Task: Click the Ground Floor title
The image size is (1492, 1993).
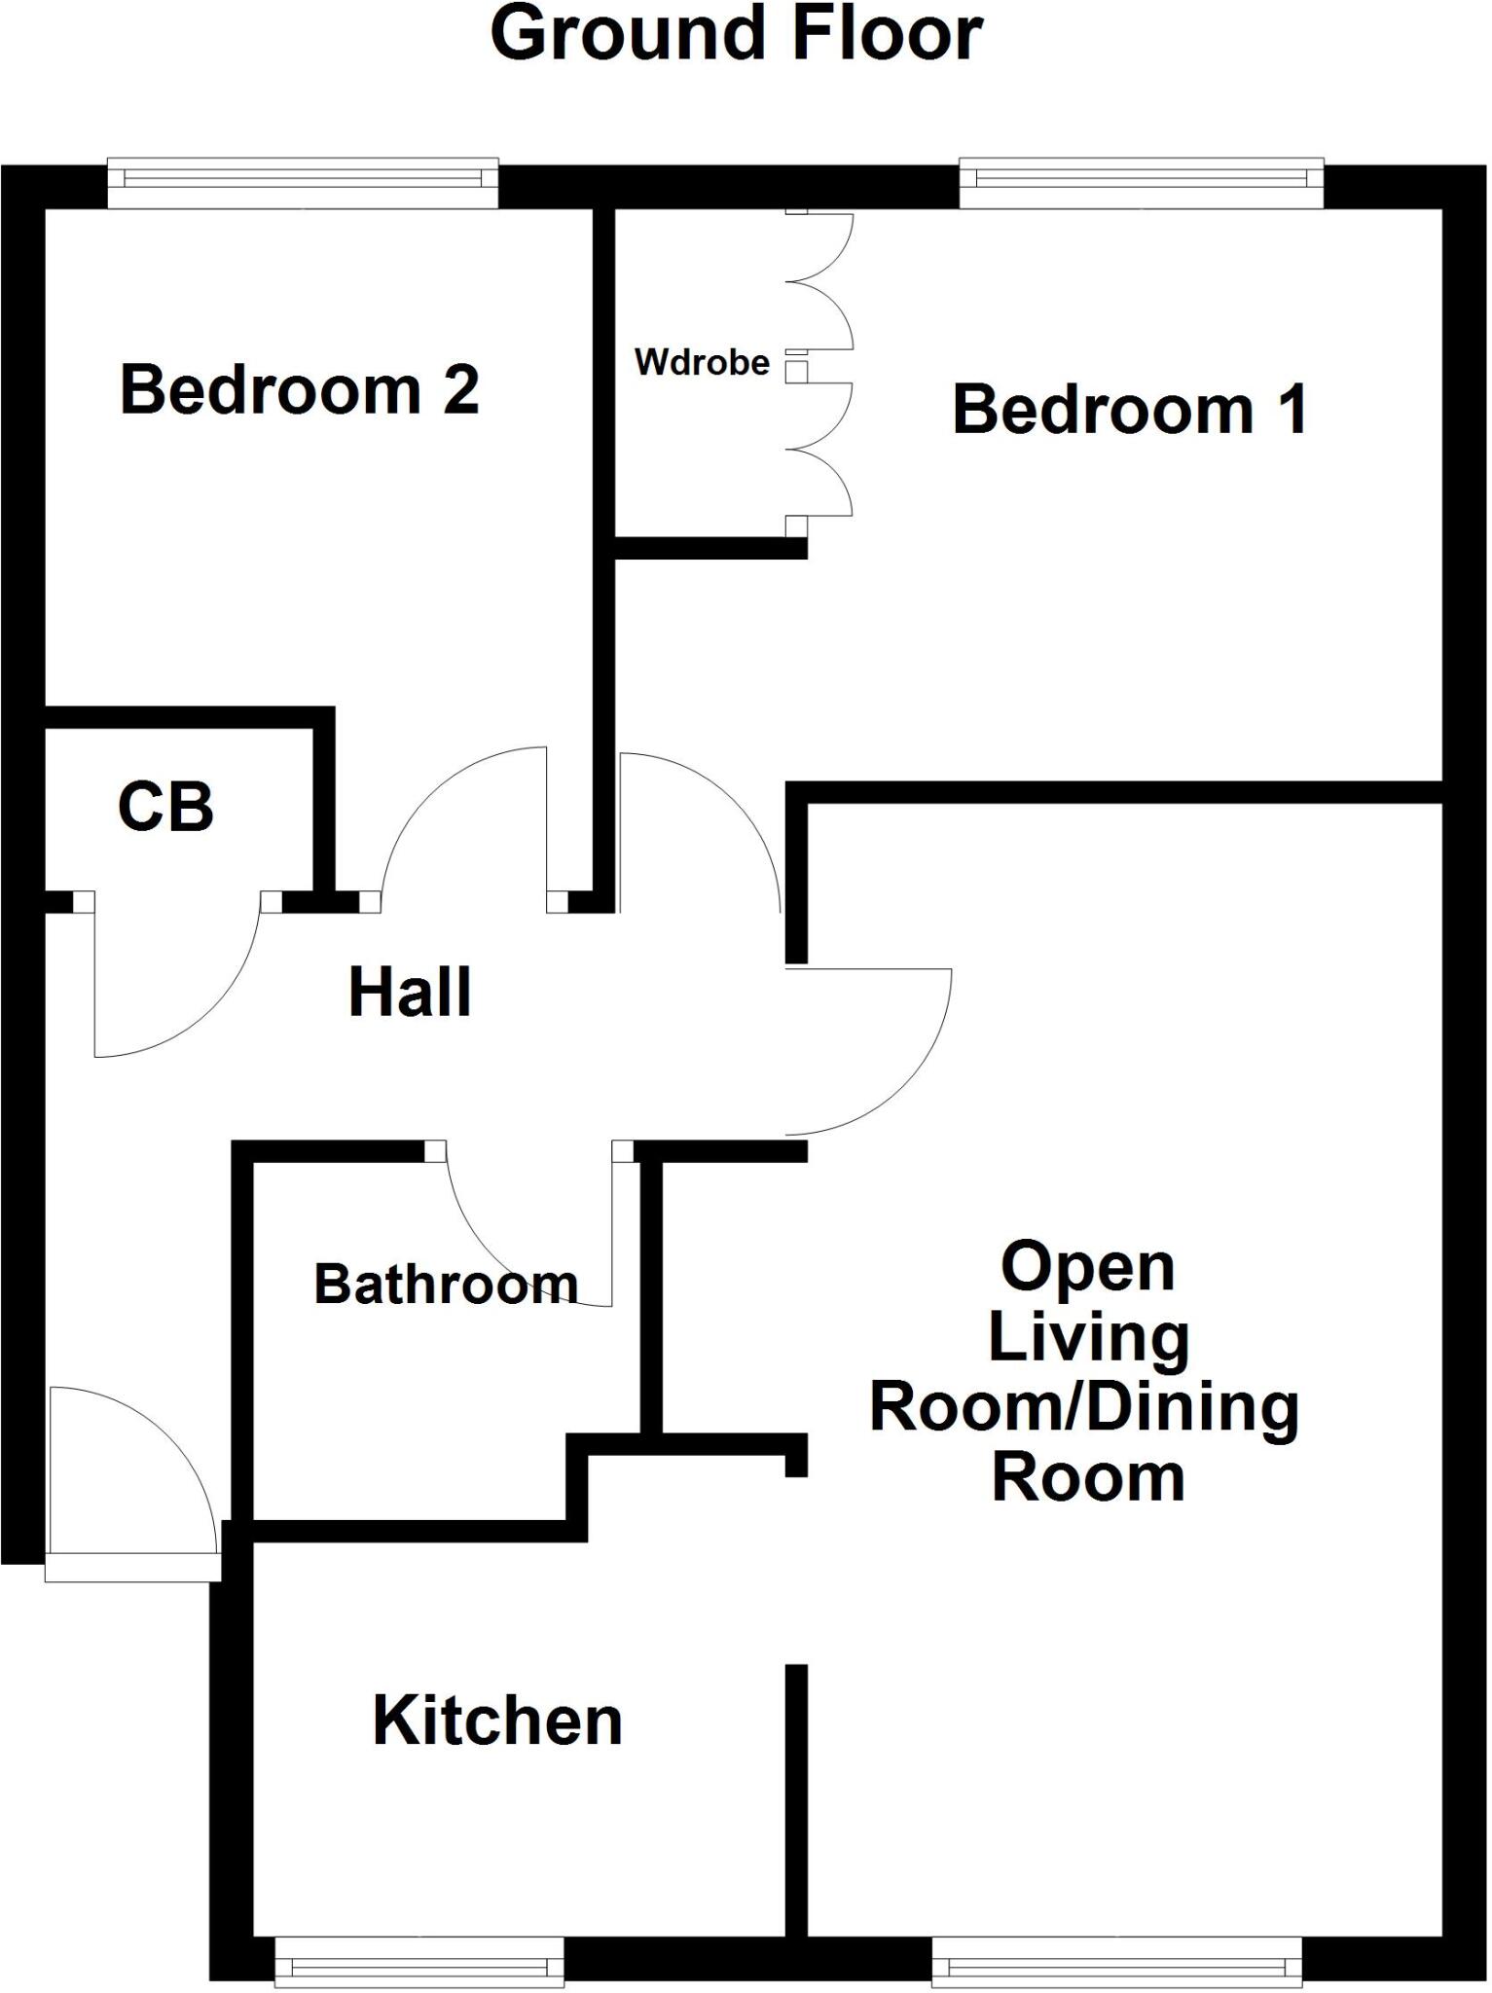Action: [737, 34]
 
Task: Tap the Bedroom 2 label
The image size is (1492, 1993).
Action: [300, 389]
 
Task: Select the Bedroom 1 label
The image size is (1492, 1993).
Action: [1129, 410]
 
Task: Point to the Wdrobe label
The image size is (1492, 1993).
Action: [702, 362]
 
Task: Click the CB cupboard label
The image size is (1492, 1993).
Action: [165, 807]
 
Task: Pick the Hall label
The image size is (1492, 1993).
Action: [410, 993]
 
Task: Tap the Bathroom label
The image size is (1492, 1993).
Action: [446, 1285]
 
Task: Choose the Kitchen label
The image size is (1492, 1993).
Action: [497, 1721]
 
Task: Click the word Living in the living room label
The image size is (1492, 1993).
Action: [1088, 1338]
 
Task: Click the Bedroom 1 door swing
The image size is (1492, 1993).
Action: [701, 827]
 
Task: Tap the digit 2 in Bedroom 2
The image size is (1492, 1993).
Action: [461, 389]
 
